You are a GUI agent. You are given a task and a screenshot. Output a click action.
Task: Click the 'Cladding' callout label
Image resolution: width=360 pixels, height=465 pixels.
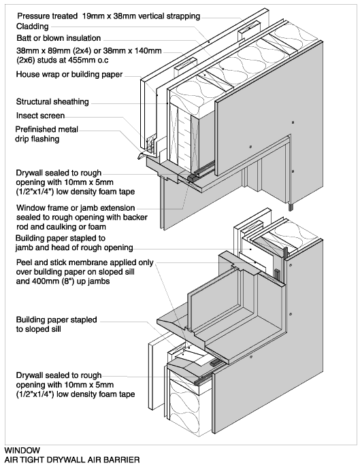point(33,27)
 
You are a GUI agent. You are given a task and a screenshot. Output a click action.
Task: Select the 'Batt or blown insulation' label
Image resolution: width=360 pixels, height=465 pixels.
point(59,38)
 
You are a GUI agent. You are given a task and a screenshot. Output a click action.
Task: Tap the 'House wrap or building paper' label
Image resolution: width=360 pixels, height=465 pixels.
point(69,74)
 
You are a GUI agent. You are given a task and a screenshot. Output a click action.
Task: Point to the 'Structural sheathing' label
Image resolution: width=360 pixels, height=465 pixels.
point(52,102)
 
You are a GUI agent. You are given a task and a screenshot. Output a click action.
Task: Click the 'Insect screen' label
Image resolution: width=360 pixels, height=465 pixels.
point(40,116)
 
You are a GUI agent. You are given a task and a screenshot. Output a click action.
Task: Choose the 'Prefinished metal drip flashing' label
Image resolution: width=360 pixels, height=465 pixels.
point(46,134)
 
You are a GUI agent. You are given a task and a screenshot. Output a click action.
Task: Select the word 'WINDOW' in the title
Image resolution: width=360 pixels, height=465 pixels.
point(22,451)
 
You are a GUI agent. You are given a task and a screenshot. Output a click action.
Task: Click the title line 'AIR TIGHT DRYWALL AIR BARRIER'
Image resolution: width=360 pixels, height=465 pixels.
point(72,460)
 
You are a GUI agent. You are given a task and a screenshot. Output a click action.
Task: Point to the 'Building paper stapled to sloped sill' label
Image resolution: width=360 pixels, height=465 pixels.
point(56,324)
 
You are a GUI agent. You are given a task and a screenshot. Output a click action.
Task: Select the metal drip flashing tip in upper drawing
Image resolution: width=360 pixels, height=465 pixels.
point(139,157)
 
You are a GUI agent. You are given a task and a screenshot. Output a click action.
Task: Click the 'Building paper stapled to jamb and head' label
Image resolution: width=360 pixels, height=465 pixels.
point(74,243)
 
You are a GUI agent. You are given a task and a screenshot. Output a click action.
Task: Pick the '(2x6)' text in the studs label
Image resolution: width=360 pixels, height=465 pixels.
point(24,61)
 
